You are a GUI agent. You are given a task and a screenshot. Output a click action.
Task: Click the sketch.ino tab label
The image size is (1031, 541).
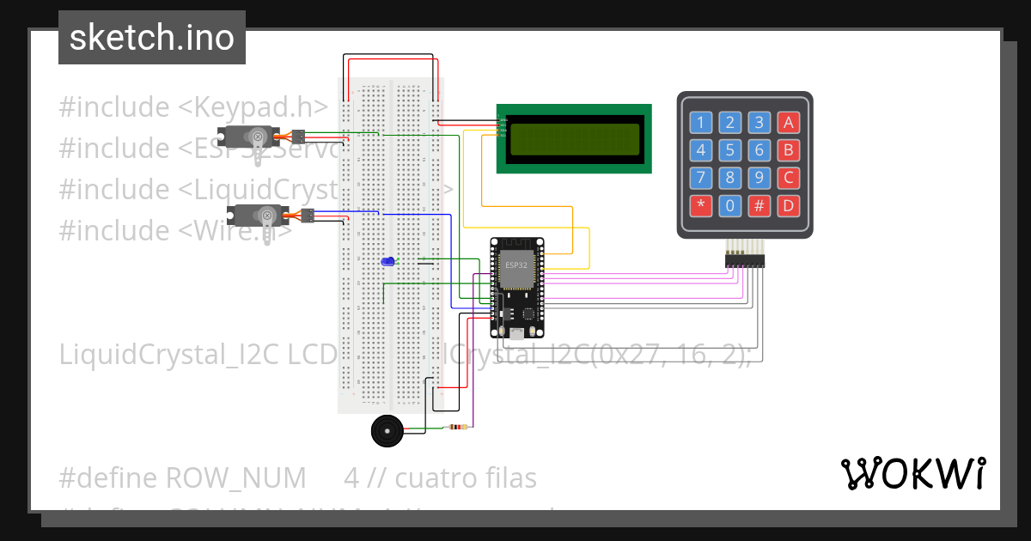[152, 38]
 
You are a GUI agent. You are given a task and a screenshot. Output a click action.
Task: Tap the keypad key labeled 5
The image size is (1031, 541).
[730, 150]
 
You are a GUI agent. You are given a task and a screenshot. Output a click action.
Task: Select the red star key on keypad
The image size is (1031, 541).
[701, 206]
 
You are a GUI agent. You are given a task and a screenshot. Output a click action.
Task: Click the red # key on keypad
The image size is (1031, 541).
[760, 206]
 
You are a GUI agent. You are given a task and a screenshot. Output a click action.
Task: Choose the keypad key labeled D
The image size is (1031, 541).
[788, 206]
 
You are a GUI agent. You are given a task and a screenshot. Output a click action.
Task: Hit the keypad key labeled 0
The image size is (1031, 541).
[730, 206]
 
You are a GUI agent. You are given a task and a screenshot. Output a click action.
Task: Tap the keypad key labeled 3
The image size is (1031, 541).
[760, 122]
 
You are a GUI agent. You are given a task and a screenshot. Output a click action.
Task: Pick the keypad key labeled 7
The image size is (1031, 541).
[701, 178]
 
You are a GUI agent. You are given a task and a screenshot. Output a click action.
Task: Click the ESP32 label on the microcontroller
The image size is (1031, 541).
[516, 264]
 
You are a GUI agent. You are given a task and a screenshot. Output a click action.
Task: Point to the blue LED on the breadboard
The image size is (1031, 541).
[388, 261]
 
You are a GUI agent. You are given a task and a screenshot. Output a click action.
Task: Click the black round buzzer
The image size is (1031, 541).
[386, 430]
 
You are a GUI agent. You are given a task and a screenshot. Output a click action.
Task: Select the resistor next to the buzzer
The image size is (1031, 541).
[456, 427]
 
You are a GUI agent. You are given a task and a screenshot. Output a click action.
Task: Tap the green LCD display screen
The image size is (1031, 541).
[575, 139]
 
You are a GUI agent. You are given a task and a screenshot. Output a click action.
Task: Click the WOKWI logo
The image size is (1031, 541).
[912, 472]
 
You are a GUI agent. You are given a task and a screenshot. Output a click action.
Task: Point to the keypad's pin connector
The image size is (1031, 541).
[744, 258]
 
